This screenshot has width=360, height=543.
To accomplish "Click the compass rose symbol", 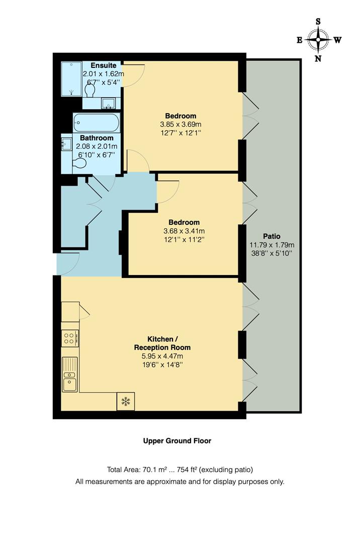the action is point(318,40).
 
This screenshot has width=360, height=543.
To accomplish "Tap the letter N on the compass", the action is point(318,58).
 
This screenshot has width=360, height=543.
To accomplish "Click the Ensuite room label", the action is point(104,65).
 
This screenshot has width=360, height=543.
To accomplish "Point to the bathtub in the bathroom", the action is point(96,123).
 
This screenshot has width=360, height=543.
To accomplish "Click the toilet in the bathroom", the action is point(79,163).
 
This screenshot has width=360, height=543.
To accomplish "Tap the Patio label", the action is point(272,236).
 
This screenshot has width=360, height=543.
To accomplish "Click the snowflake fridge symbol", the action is point(126,401).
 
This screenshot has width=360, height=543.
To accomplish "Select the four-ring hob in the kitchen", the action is point(69,338).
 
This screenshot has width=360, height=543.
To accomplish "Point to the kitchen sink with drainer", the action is point(70,375).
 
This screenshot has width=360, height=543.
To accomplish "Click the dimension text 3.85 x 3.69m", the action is point(181,124).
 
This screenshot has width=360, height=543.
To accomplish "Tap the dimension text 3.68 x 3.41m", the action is point(184,231).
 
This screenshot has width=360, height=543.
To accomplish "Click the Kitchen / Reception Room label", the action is point(162,343).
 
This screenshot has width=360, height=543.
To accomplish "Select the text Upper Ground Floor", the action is point(177,441).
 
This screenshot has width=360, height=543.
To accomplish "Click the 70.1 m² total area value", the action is point(155,470).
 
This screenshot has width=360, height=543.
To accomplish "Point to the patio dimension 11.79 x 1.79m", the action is point(272,245).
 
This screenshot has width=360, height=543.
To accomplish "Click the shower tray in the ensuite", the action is point(71,78).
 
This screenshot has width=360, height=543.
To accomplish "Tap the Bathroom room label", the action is point(97,138).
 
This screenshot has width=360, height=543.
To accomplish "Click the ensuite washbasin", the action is point(108,103).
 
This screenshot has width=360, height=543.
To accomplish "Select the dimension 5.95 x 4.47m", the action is point(162,356).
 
